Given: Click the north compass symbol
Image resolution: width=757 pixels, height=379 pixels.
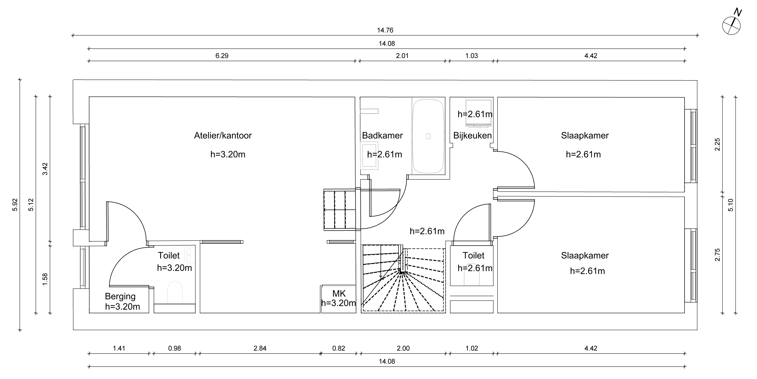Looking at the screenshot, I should [x=731, y=26].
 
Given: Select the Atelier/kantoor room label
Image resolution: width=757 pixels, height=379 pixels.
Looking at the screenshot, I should [x=223, y=135].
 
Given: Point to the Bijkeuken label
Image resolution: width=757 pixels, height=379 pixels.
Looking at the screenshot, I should [x=472, y=135].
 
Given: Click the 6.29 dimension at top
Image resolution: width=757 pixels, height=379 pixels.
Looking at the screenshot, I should [x=222, y=56].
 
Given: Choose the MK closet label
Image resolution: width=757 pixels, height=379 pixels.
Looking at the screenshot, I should [x=339, y=293].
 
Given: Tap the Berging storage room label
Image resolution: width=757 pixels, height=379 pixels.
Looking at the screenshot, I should [x=120, y=296].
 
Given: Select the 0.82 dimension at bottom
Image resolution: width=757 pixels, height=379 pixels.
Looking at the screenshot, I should [x=338, y=348].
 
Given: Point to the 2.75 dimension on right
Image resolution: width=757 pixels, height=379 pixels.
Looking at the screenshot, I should [x=718, y=255].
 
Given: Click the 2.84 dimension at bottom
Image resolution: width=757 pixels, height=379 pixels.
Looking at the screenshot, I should [x=260, y=348].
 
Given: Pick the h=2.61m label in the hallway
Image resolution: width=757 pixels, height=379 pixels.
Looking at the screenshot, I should [x=427, y=231].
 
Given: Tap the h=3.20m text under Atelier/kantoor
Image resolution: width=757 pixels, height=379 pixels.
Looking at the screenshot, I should [x=228, y=154].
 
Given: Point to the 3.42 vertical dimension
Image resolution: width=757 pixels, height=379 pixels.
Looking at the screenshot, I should [x=45, y=169].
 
